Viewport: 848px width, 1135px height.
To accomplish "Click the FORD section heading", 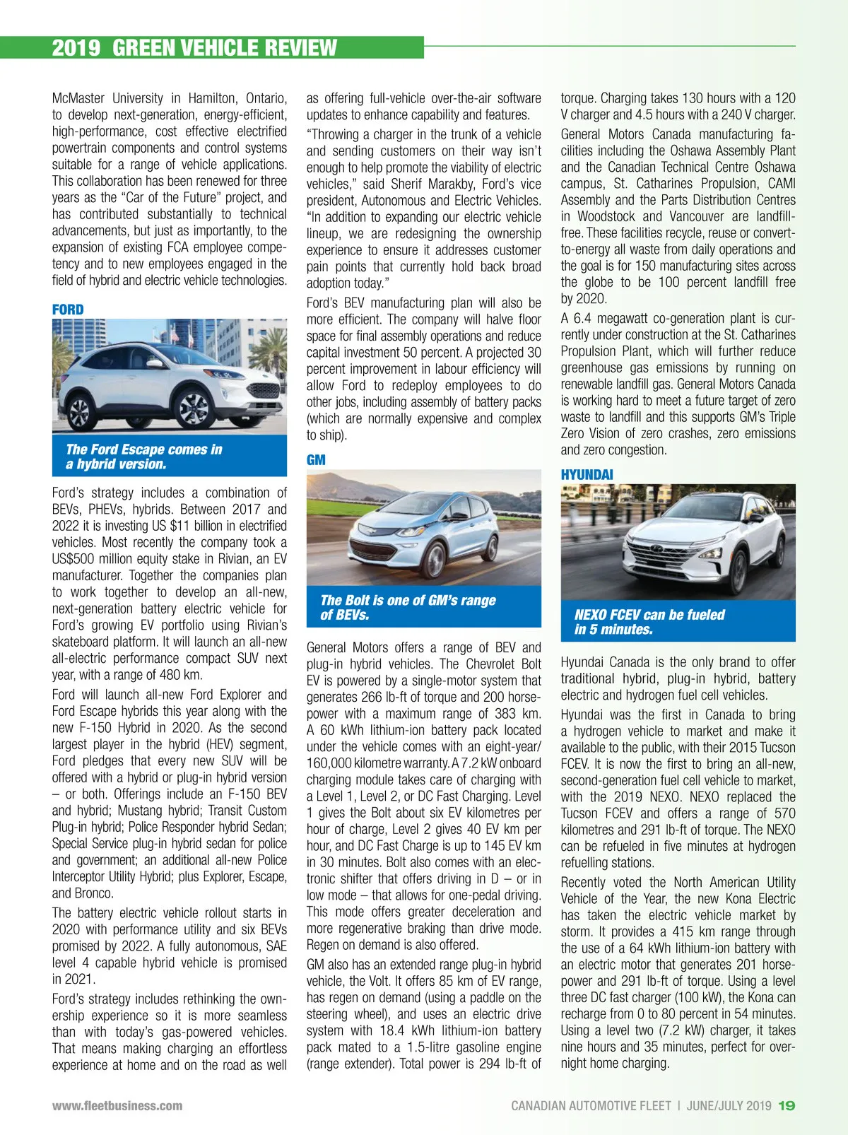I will coord(68,310).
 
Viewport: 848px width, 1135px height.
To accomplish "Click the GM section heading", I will coord(316,460).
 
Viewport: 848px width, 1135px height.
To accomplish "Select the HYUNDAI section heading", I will coord(587,475).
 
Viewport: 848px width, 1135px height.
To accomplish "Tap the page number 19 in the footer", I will coord(787,1106).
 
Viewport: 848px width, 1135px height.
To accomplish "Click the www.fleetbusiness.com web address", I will coord(117,1106).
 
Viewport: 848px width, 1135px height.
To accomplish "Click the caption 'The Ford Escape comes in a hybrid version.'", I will coord(144,457).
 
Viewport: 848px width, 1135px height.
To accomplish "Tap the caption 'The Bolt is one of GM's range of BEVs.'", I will coord(408,607).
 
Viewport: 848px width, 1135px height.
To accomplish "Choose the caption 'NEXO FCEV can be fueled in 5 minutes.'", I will coord(649,622).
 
